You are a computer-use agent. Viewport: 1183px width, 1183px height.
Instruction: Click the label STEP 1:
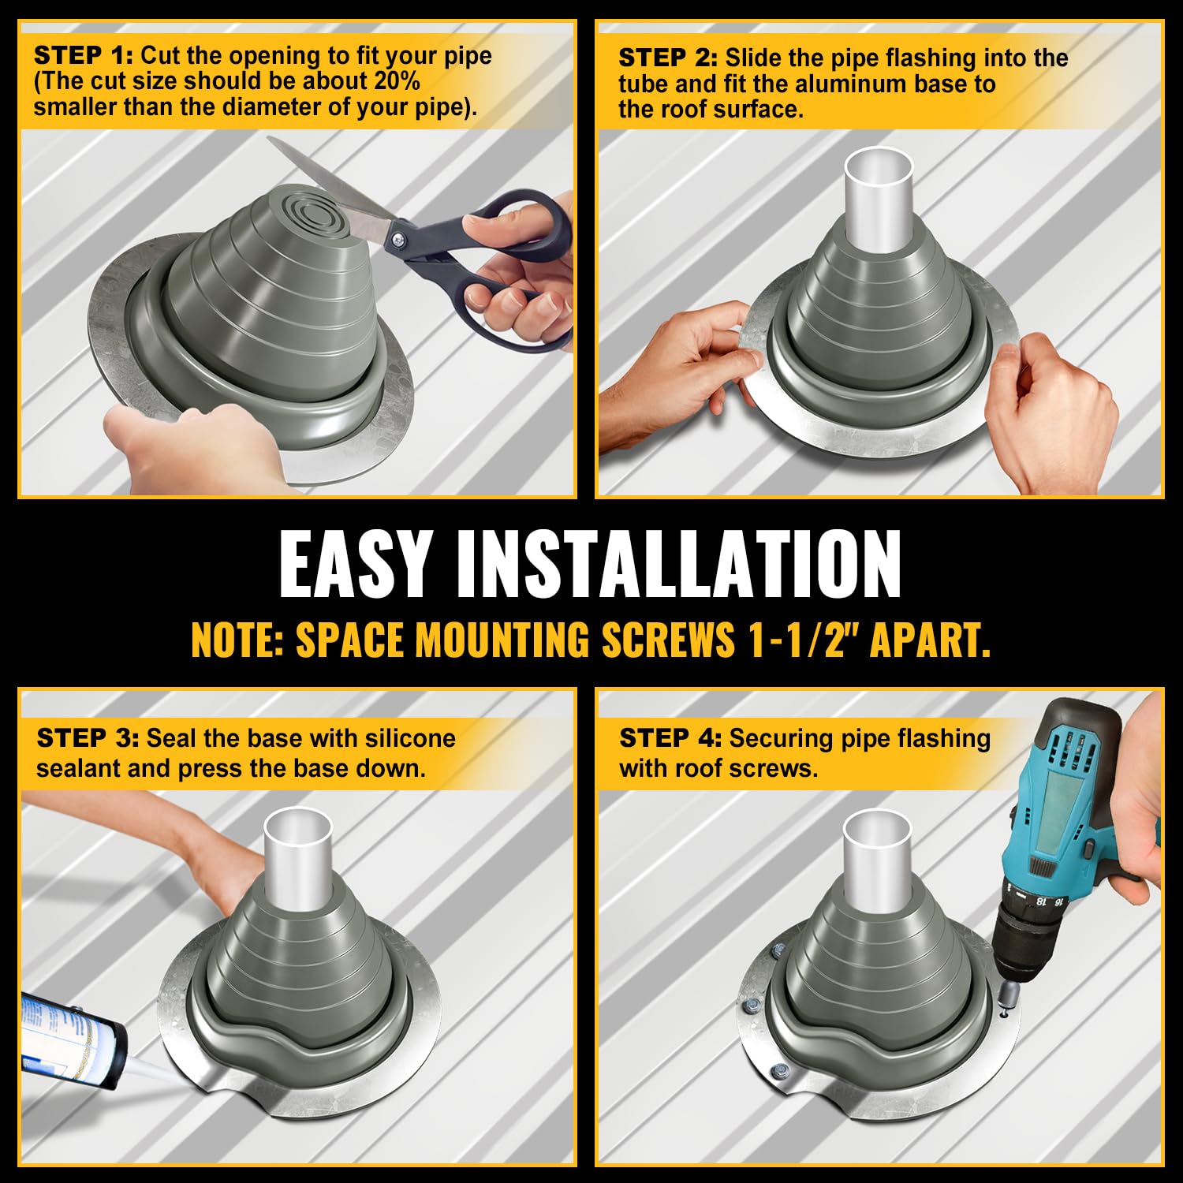pyautogui.click(x=83, y=56)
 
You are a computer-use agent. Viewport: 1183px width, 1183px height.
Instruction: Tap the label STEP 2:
pyautogui.click(x=667, y=58)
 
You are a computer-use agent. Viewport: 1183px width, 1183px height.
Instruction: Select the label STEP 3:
pyautogui.click(x=87, y=738)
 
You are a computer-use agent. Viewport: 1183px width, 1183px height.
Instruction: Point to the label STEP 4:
pyautogui.click(x=670, y=738)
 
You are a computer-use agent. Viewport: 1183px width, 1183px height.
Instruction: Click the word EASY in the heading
pyautogui.click(x=354, y=565)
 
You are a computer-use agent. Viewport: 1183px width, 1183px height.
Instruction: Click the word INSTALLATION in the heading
pyautogui.click(x=678, y=565)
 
